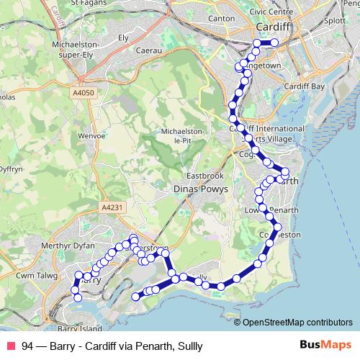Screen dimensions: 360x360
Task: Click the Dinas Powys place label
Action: point(201,189)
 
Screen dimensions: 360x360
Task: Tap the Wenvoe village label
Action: point(91,135)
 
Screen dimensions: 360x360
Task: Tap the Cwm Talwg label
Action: point(36,274)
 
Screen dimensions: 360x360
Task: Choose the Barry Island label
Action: point(78,328)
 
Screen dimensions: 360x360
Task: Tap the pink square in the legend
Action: point(11,346)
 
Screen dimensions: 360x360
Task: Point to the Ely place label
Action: point(122,36)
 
